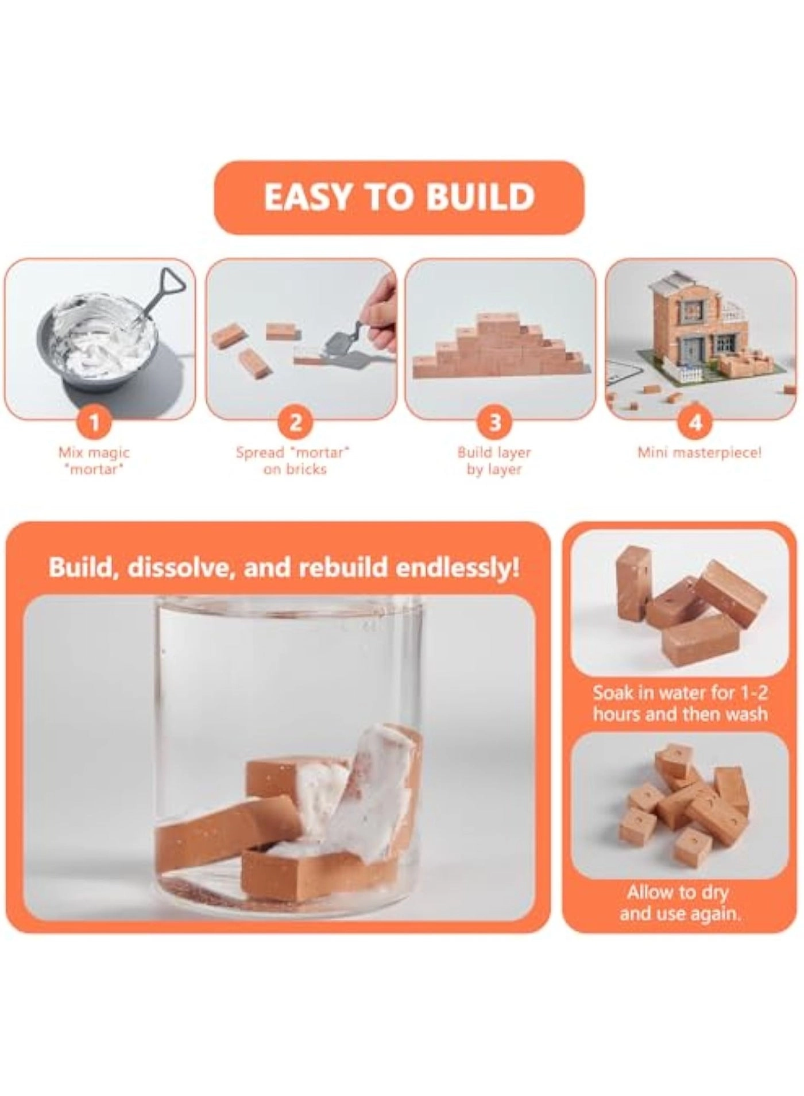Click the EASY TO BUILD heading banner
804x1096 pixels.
(x=399, y=197)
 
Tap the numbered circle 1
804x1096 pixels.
(x=95, y=423)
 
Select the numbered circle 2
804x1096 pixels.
(x=295, y=423)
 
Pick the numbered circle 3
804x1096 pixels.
(x=494, y=423)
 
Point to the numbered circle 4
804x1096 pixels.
(x=695, y=423)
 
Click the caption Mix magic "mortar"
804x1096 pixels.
(x=95, y=460)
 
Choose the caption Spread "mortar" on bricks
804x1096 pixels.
(x=294, y=460)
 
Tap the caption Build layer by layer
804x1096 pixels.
(x=494, y=460)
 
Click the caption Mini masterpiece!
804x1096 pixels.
(x=699, y=452)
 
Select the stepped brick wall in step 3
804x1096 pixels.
(x=494, y=350)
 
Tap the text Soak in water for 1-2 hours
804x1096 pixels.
(x=680, y=703)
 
